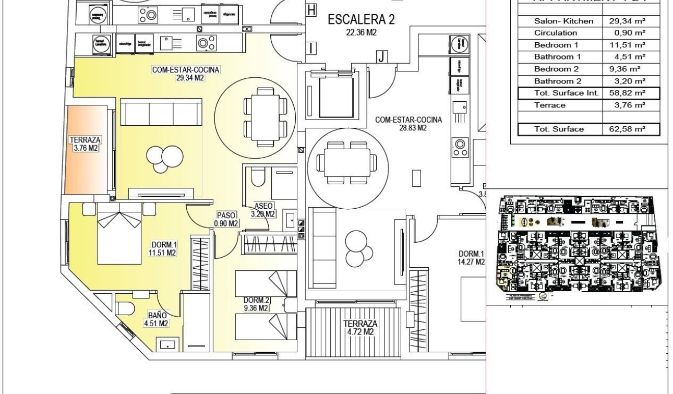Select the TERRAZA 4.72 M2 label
(x=359, y=327)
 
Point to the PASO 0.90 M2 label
(x=226, y=219)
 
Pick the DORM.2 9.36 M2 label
(x=256, y=304)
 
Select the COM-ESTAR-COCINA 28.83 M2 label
(x=408, y=124)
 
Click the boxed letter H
(x=311, y=10)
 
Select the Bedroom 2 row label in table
(x=553, y=69)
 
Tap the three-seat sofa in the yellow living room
(x=161, y=113)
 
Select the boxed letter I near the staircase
(x=311, y=49)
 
